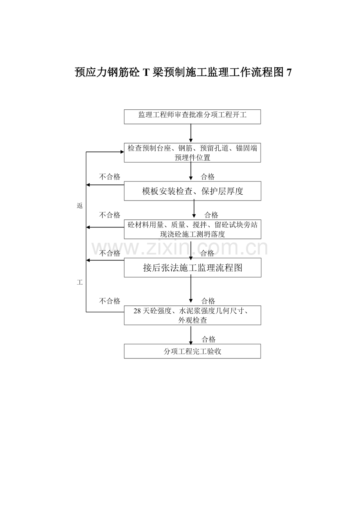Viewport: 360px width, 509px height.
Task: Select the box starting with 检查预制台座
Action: click(192, 152)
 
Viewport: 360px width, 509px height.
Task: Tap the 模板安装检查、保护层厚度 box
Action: click(192, 191)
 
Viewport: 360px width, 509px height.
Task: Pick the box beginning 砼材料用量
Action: click(192, 229)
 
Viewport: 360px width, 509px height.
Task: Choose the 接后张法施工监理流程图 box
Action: click(192, 267)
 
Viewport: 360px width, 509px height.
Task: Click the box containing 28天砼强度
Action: click(192, 315)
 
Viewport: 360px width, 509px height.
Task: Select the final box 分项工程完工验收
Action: click(192, 351)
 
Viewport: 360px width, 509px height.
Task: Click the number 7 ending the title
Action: click(289, 73)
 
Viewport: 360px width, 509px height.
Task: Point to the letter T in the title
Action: click(146, 73)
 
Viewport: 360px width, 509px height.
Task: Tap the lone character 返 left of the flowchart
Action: click(80, 206)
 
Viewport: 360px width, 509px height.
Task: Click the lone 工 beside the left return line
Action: click(80, 282)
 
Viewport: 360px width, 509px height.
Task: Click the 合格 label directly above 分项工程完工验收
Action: click(209, 339)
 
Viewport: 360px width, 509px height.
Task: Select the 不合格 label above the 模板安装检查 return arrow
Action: click(110, 177)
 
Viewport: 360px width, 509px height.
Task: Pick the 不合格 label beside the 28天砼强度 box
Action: click(110, 301)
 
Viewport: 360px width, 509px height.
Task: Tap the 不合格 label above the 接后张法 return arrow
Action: click(110, 253)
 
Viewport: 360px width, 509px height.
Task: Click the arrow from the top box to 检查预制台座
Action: click(191, 133)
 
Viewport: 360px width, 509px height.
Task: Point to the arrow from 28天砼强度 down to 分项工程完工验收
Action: click(191, 334)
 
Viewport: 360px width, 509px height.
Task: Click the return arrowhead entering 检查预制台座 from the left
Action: click(121, 152)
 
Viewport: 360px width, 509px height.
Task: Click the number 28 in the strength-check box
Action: click(137, 311)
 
